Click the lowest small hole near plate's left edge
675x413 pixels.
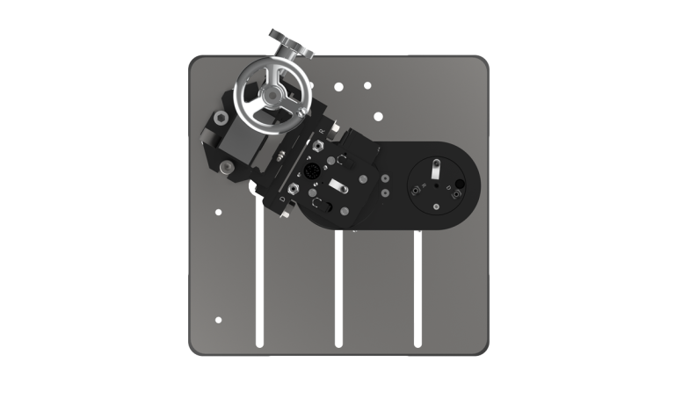[218, 319]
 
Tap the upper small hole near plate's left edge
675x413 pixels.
[218, 211]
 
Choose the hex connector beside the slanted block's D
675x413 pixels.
[288, 187]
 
